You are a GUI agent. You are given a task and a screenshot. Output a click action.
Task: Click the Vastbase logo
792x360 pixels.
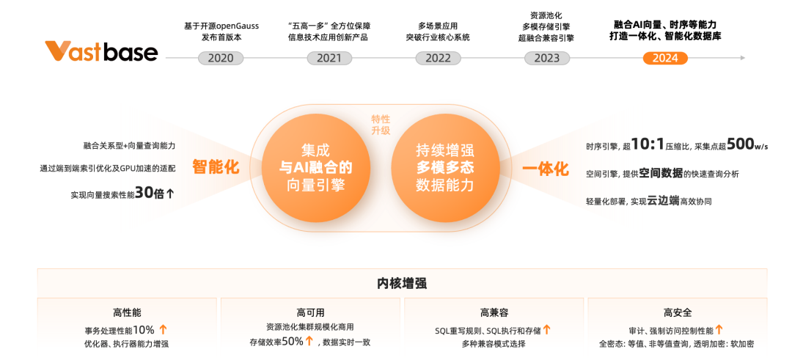pyautogui.click(x=100, y=52)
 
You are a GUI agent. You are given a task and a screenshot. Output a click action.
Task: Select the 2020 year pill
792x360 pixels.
pyautogui.click(x=221, y=58)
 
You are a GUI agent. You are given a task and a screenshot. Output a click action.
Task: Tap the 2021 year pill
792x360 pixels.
pyautogui.click(x=329, y=58)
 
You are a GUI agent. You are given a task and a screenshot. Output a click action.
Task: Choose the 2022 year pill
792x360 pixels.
pyautogui.click(x=438, y=58)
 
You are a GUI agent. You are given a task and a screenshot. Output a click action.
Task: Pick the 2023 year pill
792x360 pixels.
pyautogui.click(x=546, y=58)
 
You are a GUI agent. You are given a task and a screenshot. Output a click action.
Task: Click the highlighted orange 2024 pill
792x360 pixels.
pyautogui.click(x=665, y=58)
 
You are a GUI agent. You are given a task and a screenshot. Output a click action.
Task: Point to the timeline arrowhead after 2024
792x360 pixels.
pyautogui.click(x=743, y=57)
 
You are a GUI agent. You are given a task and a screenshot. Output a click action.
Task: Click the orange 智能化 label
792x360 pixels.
pyautogui.click(x=216, y=167)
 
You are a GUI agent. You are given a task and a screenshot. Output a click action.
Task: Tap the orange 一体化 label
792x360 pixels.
pyautogui.click(x=546, y=169)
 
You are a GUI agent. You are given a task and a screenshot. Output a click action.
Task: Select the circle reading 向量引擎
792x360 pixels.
pyautogui.click(x=316, y=168)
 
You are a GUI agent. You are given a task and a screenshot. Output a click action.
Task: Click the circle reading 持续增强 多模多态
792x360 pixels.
pyautogui.click(x=444, y=168)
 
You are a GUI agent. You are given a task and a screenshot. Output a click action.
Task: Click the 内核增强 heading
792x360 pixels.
pyautogui.click(x=402, y=283)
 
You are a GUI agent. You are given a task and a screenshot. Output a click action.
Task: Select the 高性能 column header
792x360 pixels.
pyautogui.click(x=127, y=312)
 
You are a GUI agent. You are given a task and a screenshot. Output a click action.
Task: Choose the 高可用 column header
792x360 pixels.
pyautogui.click(x=310, y=312)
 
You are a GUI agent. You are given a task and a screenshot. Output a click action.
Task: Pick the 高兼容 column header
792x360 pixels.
pyautogui.click(x=494, y=312)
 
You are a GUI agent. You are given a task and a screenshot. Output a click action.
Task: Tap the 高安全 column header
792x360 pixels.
pyautogui.click(x=677, y=312)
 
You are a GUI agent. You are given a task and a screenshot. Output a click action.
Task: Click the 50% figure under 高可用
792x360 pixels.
pyautogui.click(x=292, y=341)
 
